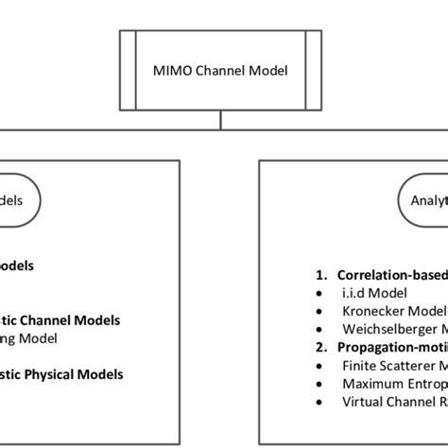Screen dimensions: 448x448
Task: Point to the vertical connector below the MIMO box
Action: click(x=220, y=118)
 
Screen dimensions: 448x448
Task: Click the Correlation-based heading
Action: click(x=392, y=275)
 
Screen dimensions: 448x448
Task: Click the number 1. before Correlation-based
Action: click(x=321, y=275)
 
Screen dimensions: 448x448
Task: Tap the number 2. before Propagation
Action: click(x=321, y=347)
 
